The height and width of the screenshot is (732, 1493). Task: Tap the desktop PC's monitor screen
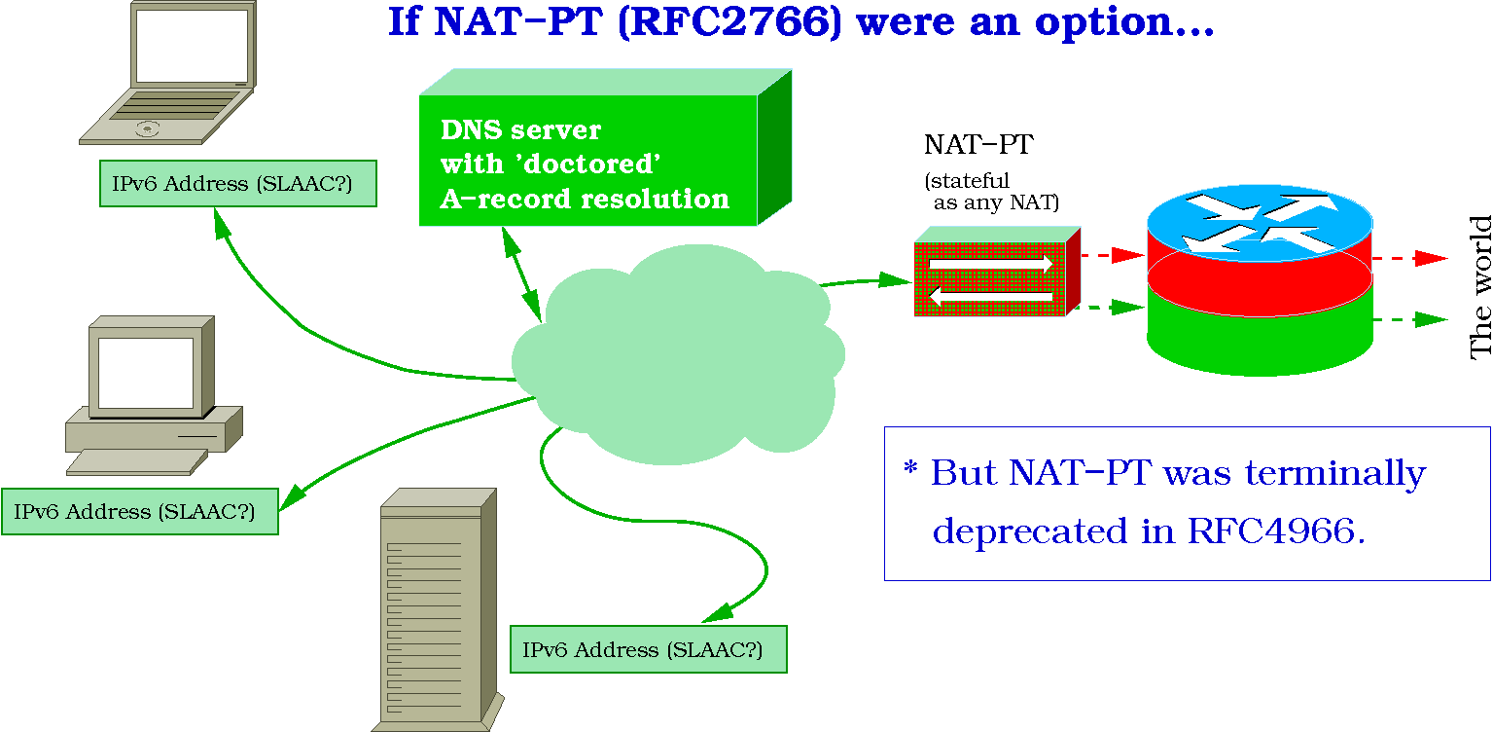pyautogui.click(x=146, y=373)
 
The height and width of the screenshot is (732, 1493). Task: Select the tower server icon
pyautogui.click(x=438, y=610)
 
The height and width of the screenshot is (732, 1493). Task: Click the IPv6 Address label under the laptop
pyautogui.click(x=238, y=184)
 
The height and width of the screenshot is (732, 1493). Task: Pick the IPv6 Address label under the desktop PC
pyautogui.click(x=140, y=512)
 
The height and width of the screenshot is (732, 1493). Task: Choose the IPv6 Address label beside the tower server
pyautogui.click(x=649, y=649)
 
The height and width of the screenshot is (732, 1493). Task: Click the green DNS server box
pyautogui.click(x=605, y=147)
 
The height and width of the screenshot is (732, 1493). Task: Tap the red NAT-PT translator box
pyautogui.click(x=997, y=272)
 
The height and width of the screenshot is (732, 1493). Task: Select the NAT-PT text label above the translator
pyautogui.click(x=978, y=145)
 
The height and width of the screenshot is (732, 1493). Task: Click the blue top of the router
pyautogui.click(x=1260, y=222)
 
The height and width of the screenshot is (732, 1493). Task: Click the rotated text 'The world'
pyautogui.click(x=1480, y=287)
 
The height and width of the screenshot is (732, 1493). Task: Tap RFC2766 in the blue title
pyautogui.click(x=730, y=21)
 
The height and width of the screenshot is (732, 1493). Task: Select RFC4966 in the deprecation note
pyautogui.click(x=1271, y=531)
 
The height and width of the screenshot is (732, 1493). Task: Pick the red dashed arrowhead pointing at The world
pyautogui.click(x=1431, y=258)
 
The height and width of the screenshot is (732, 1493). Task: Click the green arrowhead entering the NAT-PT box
pyautogui.click(x=895, y=279)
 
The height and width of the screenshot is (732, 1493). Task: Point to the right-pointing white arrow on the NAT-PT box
pyautogui.click(x=991, y=264)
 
